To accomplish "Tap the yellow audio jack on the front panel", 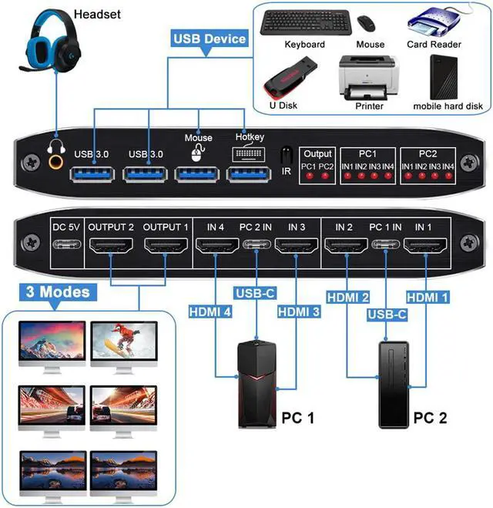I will point(56,161).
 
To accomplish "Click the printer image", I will point(369,78).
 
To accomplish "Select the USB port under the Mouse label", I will point(197,170).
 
